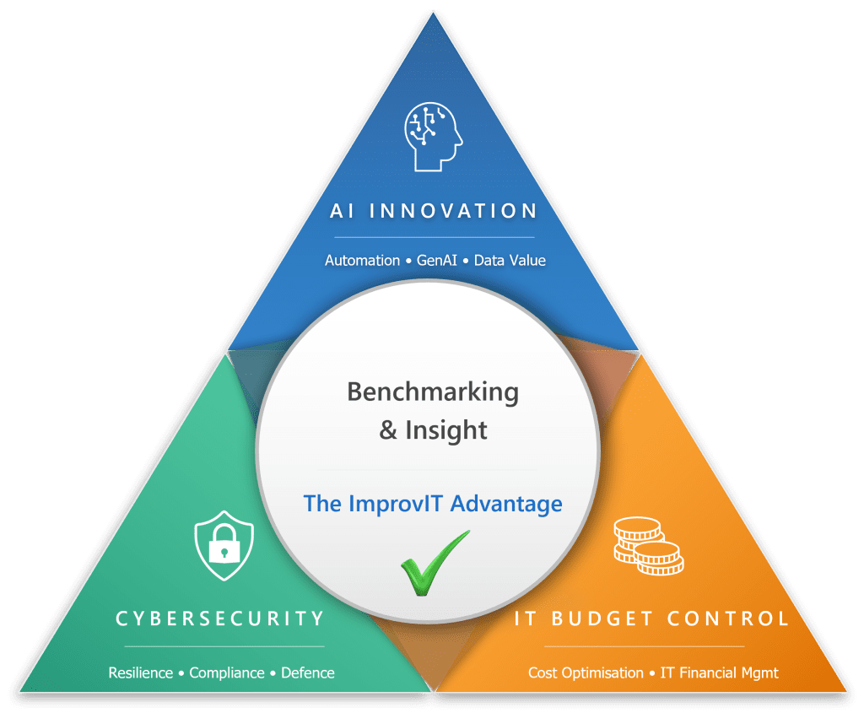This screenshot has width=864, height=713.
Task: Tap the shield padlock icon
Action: tap(224, 545)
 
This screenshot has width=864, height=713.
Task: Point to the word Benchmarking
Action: tap(433, 392)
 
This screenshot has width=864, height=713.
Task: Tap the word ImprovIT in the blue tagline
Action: tap(394, 504)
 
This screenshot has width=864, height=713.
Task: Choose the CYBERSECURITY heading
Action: tap(220, 618)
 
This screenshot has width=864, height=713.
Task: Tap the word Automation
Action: tap(362, 261)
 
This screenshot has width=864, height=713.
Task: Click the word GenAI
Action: tap(437, 261)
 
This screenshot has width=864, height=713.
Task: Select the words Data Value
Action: tap(510, 261)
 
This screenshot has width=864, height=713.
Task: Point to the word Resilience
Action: tap(140, 672)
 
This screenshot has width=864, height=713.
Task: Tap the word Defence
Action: tap(308, 672)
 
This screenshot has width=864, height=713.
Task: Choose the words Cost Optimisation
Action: tap(586, 672)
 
